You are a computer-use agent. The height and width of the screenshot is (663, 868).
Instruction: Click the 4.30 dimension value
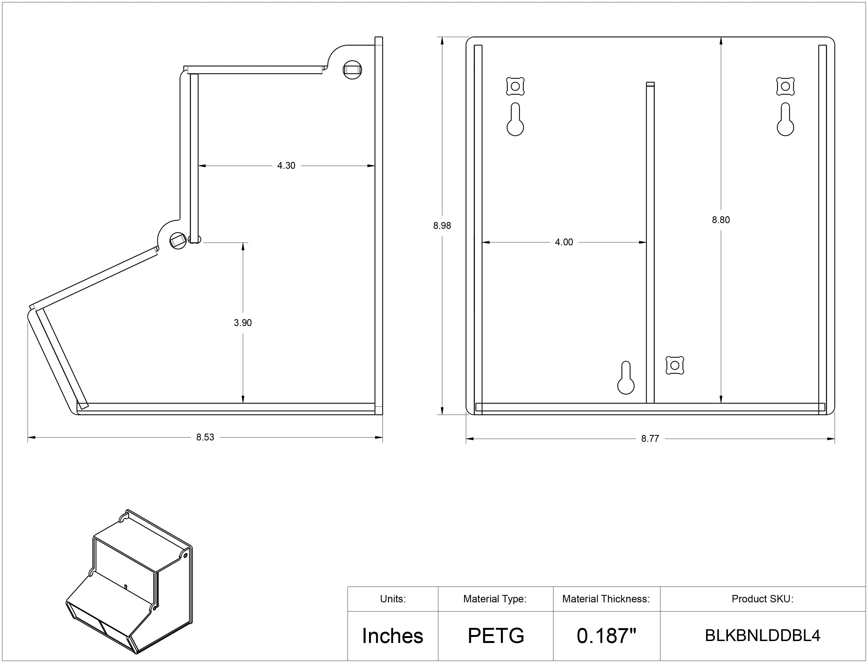click(286, 166)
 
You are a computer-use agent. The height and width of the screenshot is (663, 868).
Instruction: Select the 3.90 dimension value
click(243, 323)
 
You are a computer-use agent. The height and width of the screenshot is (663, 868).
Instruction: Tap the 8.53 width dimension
click(205, 437)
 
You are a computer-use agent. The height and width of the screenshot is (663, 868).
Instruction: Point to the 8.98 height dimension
click(442, 226)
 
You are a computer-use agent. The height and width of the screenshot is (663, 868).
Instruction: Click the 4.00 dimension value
click(564, 242)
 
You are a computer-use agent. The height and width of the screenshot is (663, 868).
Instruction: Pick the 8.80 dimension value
click(721, 220)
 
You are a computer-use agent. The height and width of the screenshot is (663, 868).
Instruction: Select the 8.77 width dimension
click(650, 439)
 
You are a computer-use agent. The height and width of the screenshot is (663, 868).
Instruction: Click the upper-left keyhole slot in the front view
click(515, 120)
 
